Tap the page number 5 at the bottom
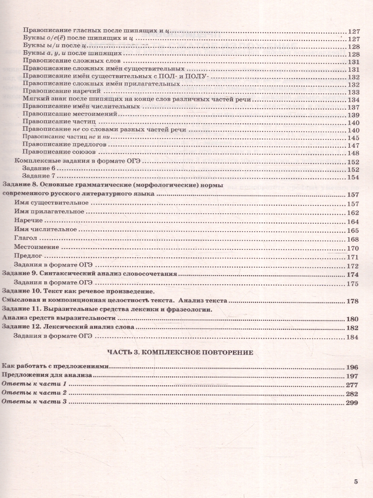pyautogui.click(x=356, y=481)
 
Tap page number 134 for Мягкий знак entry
pyautogui.click(x=353, y=100)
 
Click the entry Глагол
pyautogui.click(x=26, y=239)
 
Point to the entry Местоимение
pyautogui.click(x=36, y=247)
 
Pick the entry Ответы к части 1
pyautogui.click(x=34, y=385)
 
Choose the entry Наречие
pyautogui.click(x=28, y=221)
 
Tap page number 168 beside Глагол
pyautogui.click(x=352, y=239)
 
